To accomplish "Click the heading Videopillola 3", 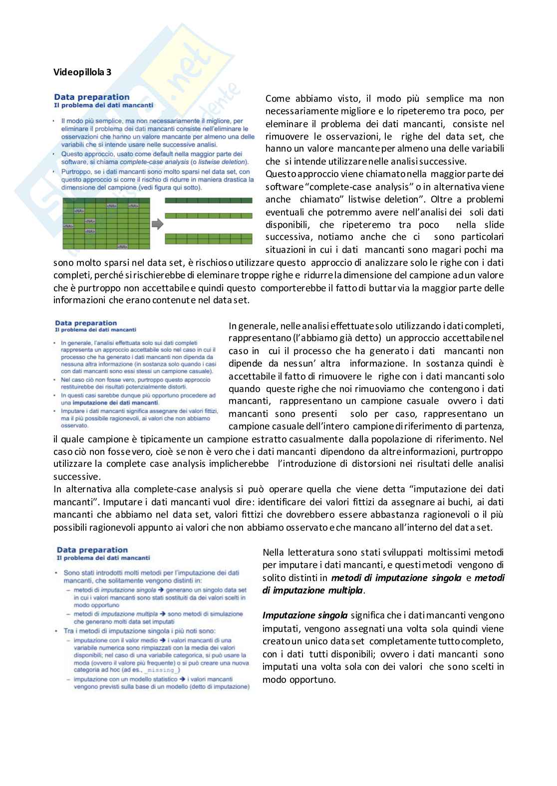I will [82, 72].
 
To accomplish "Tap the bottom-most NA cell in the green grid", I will [122, 246].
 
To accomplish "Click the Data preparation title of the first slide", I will [92, 97].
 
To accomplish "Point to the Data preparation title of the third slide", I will [92, 550].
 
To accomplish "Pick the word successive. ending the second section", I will [76, 477].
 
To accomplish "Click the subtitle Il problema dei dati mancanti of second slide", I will [95, 330].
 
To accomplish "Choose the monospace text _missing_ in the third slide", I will [165, 670].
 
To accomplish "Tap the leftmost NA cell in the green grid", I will [67, 226].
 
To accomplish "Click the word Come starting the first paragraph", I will [277, 99].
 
